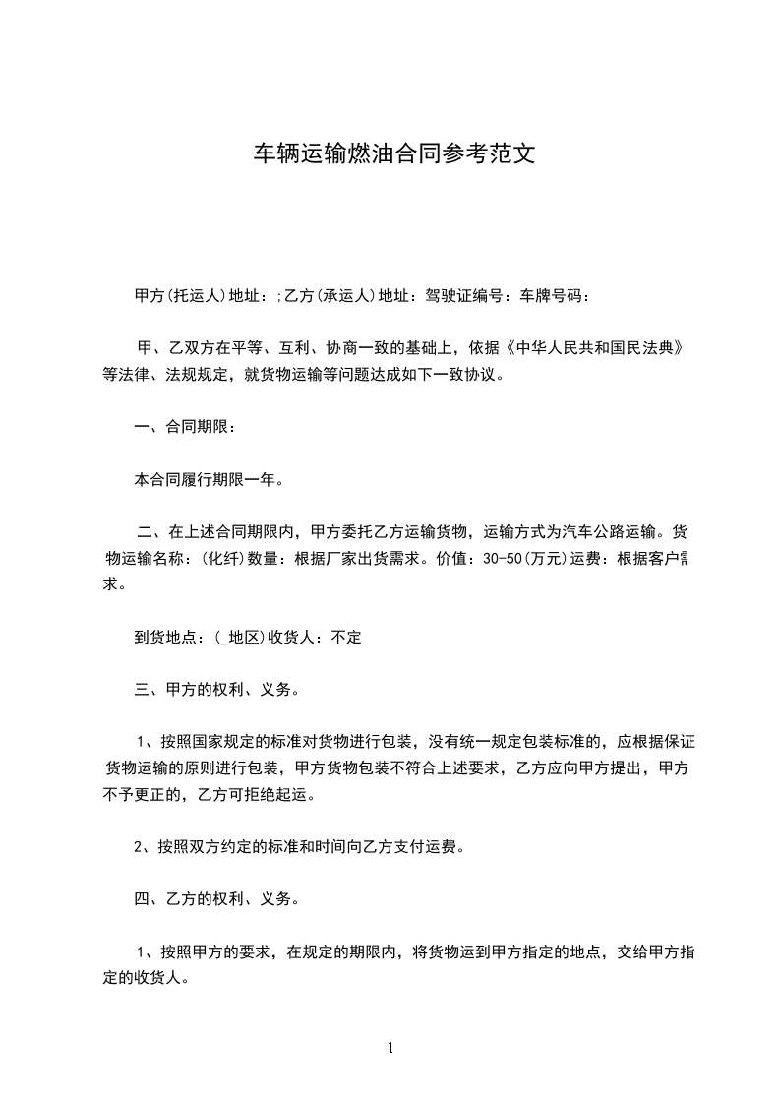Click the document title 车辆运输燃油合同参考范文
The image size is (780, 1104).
tap(394, 153)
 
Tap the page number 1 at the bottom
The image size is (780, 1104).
tap(390, 1048)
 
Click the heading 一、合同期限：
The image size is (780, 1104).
tap(185, 428)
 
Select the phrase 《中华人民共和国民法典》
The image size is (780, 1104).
tap(593, 347)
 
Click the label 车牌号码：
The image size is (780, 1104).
tap(556, 295)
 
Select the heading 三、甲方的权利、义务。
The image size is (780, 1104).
tap(217, 690)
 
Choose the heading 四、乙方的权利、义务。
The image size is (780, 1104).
tap(217, 898)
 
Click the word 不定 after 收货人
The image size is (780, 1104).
tap(346, 638)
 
